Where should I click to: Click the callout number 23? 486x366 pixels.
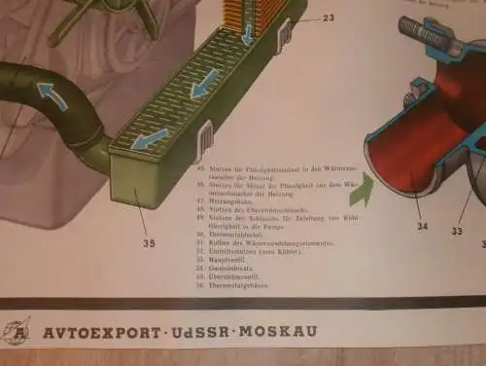pos(328,18)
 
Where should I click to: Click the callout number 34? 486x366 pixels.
pos(421,227)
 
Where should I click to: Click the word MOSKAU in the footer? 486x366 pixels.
pos(280,332)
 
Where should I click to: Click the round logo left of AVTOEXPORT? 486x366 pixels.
pos(17,331)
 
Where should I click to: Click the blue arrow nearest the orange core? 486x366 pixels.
pos(247,34)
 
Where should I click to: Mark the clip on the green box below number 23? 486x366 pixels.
pos(285,38)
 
